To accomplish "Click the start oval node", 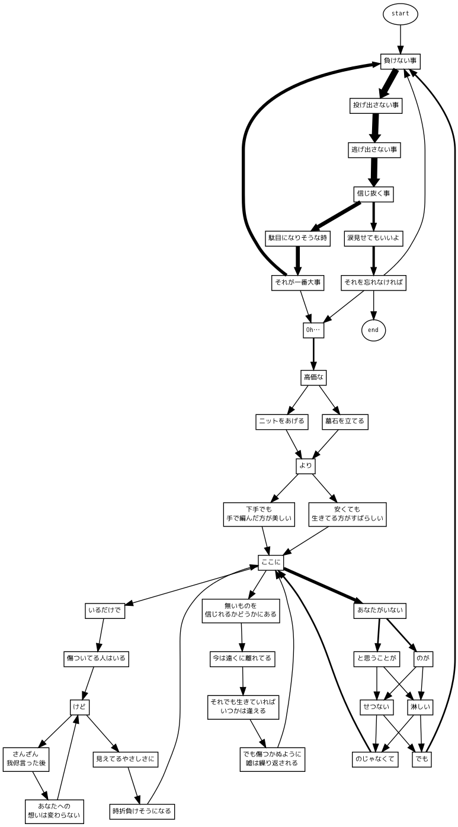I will pos(401,14).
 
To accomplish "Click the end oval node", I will pos(373,330).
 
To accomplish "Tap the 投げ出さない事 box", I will pos(375,106).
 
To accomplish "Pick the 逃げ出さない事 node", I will pos(374,150).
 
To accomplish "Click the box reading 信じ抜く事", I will pos(374,194).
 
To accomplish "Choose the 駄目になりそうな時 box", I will pos(297,238).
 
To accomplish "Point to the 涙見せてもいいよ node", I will pos(374,238).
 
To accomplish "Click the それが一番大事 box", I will pos(297,283).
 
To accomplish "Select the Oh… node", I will pos(313,330).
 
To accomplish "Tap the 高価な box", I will pos(314,377).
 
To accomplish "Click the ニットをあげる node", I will pos(281,422).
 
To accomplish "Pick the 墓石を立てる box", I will pos(345,422).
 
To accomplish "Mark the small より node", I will pos(305,466).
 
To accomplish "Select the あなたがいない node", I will pos(381,610).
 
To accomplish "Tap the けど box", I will pos(79,707).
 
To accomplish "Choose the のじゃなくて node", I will pos(374,759).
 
